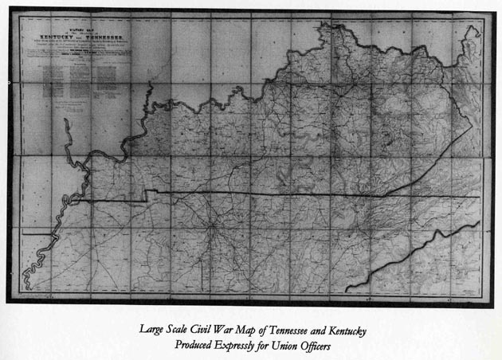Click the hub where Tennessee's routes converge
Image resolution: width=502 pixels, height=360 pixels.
pos(213,232)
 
